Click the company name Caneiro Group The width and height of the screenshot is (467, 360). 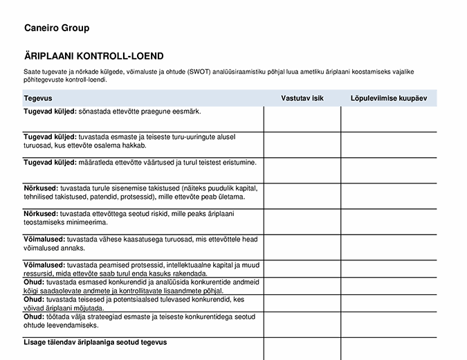click(56, 28)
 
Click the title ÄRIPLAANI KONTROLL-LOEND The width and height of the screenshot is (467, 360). click(93, 56)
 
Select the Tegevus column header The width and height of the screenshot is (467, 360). click(38, 99)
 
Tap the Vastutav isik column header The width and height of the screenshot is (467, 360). click(302, 99)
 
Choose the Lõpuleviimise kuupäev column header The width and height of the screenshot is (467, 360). click(389, 99)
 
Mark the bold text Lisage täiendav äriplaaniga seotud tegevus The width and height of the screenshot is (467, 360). click(95, 342)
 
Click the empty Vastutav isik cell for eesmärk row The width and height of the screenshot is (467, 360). click(302, 119)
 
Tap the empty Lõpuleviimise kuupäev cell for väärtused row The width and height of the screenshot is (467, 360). click(389, 170)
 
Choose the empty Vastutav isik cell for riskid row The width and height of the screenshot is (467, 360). click(302, 222)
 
